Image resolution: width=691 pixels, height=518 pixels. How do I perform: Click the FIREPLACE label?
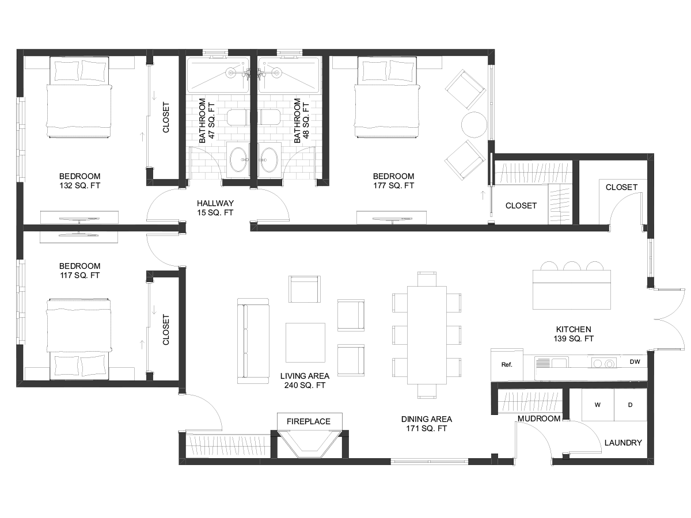coord(309,421)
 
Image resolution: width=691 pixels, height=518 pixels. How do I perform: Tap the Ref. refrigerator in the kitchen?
coord(507,365)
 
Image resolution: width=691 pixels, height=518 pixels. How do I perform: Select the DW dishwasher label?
coord(635,361)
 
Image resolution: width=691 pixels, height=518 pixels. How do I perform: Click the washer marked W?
coord(598,405)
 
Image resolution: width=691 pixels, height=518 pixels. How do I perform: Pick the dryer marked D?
coord(631,405)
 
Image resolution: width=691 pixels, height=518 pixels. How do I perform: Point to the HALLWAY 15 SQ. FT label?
coord(215,208)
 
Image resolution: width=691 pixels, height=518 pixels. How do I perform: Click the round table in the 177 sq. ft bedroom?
coord(474,125)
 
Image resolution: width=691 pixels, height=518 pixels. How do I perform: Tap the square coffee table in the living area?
coord(305,343)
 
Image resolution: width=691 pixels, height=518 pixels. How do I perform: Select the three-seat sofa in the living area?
coord(253,341)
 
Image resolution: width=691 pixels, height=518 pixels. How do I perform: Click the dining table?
coord(427,336)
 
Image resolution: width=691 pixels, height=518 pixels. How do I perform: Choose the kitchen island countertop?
coord(572,290)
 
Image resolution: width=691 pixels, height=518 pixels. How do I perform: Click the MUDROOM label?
coord(539,418)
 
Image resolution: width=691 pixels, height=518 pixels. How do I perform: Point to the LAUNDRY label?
coord(623,443)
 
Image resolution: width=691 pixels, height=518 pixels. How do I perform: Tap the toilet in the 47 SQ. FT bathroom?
coord(238,117)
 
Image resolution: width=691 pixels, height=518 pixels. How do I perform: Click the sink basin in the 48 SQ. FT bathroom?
coord(269,160)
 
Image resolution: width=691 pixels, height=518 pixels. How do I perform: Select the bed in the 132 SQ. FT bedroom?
coord(79,97)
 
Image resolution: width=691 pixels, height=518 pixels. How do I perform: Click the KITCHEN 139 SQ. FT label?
coord(574,334)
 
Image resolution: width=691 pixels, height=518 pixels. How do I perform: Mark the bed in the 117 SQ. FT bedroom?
coord(79,340)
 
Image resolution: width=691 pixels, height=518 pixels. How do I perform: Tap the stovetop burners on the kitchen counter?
coord(603,363)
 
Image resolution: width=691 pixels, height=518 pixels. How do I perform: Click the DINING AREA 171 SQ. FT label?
coord(427,424)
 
